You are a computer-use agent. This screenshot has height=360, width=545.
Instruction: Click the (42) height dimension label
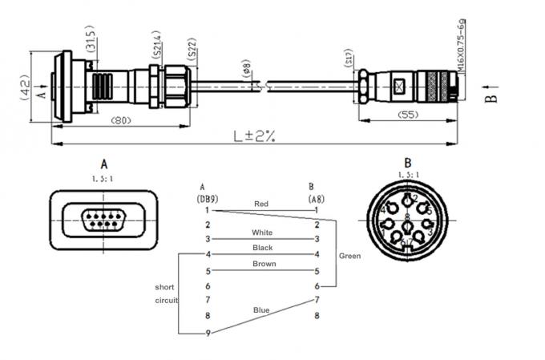tap(24, 83)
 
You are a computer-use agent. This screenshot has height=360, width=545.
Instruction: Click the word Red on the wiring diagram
tap(260, 204)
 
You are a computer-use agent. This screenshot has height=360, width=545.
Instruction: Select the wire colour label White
tap(262, 233)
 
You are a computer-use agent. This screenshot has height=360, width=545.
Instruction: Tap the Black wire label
tap(262, 248)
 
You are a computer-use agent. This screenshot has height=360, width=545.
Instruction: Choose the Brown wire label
tap(264, 264)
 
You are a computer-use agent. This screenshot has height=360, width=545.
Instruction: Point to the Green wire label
tap(349, 257)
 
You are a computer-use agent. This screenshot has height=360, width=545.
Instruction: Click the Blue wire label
tap(261, 309)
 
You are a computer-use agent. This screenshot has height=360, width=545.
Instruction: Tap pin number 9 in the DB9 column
tap(208, 333)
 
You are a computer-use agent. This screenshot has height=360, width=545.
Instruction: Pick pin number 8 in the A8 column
tap(317, 316)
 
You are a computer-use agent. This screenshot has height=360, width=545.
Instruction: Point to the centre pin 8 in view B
tap(407, 217)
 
